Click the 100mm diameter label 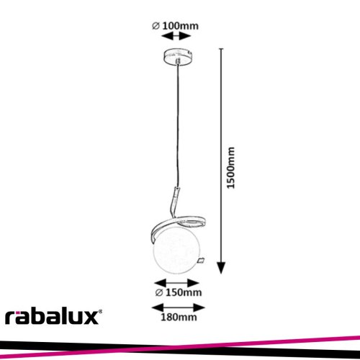click(175, 26)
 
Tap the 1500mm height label click(231, 168)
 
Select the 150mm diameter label click(179, 292)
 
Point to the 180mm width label click(179, 317)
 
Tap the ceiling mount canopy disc click(178, 56)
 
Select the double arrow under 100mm click(176, 37)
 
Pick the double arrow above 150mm click(176, 283)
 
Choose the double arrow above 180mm click(179, 307)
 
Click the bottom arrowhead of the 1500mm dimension click(221, 268)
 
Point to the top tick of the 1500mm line click(221, 49)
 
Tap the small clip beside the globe click(200, 261)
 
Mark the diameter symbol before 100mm click(156, 26)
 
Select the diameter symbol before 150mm click(159, 293)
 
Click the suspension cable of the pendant click(178, 125)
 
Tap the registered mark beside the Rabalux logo click(101, 311)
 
